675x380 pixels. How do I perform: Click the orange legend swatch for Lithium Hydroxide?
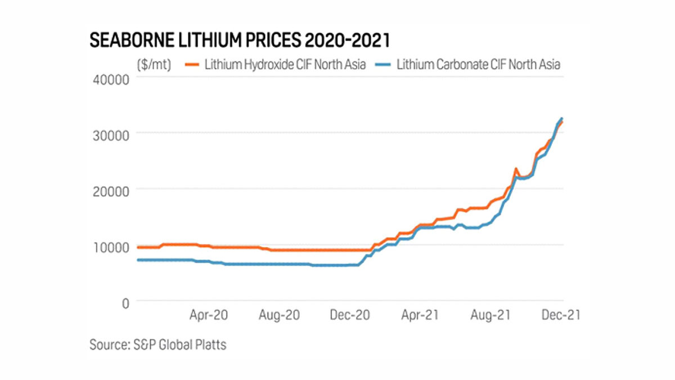(x=192, y=64)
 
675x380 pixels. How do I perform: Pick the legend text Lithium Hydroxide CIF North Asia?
(x=285, y=64)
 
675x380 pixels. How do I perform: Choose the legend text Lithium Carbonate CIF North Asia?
(x=478, y=64)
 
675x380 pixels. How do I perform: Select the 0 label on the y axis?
(x=125, y=302)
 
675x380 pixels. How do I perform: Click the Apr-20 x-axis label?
(x=209, y=316)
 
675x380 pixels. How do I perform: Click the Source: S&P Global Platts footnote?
(x=158, y=345)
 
